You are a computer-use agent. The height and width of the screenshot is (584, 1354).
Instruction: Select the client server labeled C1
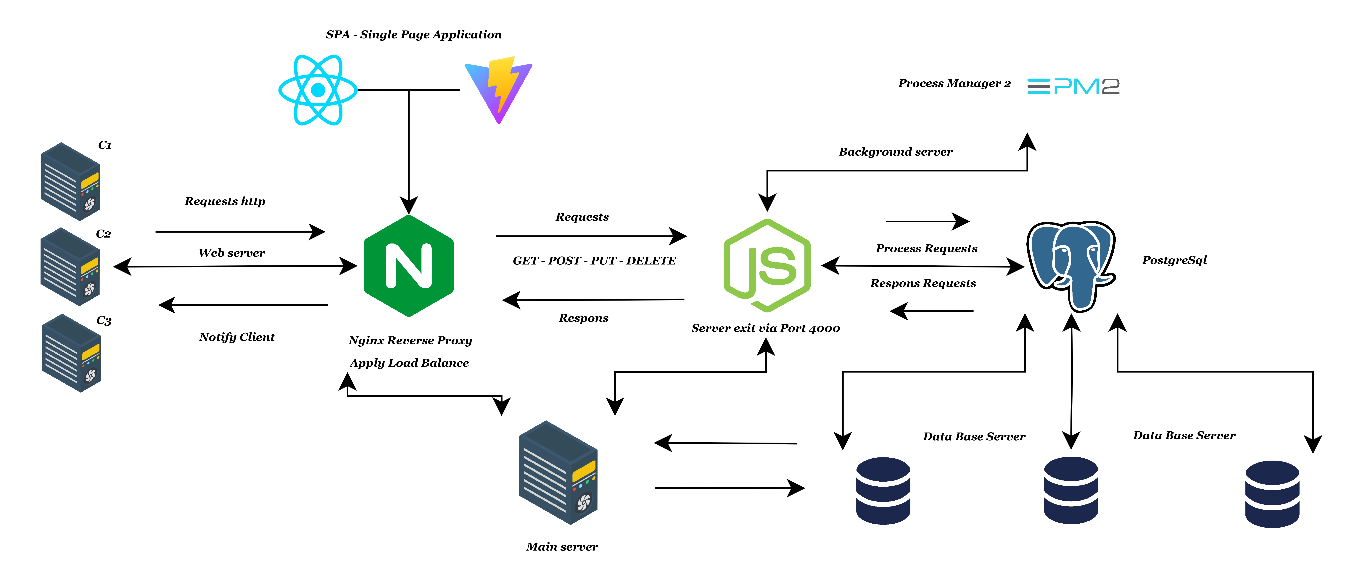70,181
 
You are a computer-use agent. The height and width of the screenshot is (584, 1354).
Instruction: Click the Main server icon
558,472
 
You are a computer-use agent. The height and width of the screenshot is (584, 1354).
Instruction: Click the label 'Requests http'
225,201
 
